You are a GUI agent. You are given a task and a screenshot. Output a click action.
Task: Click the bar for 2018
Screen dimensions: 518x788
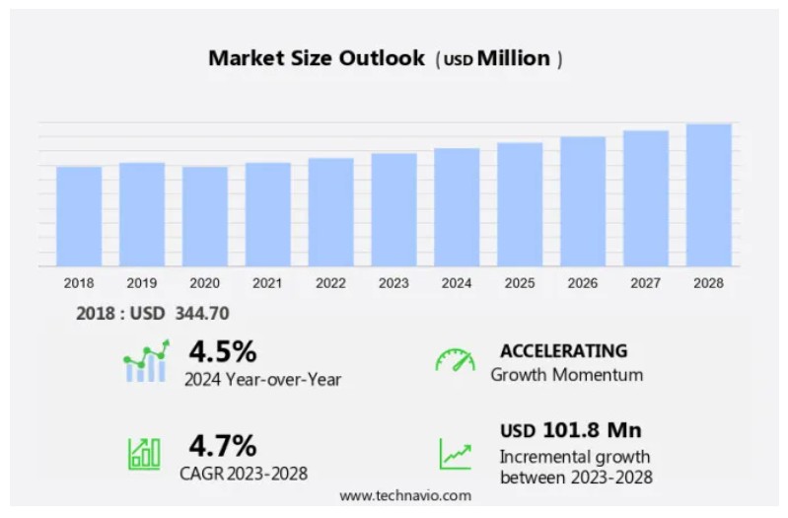click(x=79, y=216)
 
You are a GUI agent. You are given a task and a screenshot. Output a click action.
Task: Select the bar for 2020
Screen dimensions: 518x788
click(x=204, y=216)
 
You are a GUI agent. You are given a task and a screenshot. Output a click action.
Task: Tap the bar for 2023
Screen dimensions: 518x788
click(x=394, y=209)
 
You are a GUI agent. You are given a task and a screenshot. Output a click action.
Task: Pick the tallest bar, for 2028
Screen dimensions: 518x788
click(x=708, y=194)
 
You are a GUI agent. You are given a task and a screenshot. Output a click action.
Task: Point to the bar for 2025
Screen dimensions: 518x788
click(x=520, y=204)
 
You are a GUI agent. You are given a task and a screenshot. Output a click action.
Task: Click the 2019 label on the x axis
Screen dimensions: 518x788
click(x=141, y=283)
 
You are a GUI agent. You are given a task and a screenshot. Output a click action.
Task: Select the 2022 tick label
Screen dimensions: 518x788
click(x=330, y=283)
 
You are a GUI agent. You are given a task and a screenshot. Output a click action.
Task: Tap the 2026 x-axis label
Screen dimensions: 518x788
click(x=582, y=283)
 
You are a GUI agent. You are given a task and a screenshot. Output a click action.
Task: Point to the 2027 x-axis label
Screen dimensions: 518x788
click(x=645, y=283)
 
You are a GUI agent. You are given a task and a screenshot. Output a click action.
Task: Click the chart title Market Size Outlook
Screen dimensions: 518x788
click(x=317, y=58)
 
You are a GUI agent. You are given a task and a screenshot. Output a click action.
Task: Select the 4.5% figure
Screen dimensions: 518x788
click(x=223, y=351)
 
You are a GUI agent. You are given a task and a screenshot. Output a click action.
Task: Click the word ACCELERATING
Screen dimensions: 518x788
click(x=563, y=350)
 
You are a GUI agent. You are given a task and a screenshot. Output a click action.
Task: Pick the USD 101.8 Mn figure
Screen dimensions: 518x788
click(x=570, y=430)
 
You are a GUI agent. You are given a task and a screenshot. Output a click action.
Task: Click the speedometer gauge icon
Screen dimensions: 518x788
click(x=455, y=360)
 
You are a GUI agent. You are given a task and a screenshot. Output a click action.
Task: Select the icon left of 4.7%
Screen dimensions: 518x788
click(x=144, y=453)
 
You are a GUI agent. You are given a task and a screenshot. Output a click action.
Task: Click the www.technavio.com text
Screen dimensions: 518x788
click(x=405, y=495)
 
